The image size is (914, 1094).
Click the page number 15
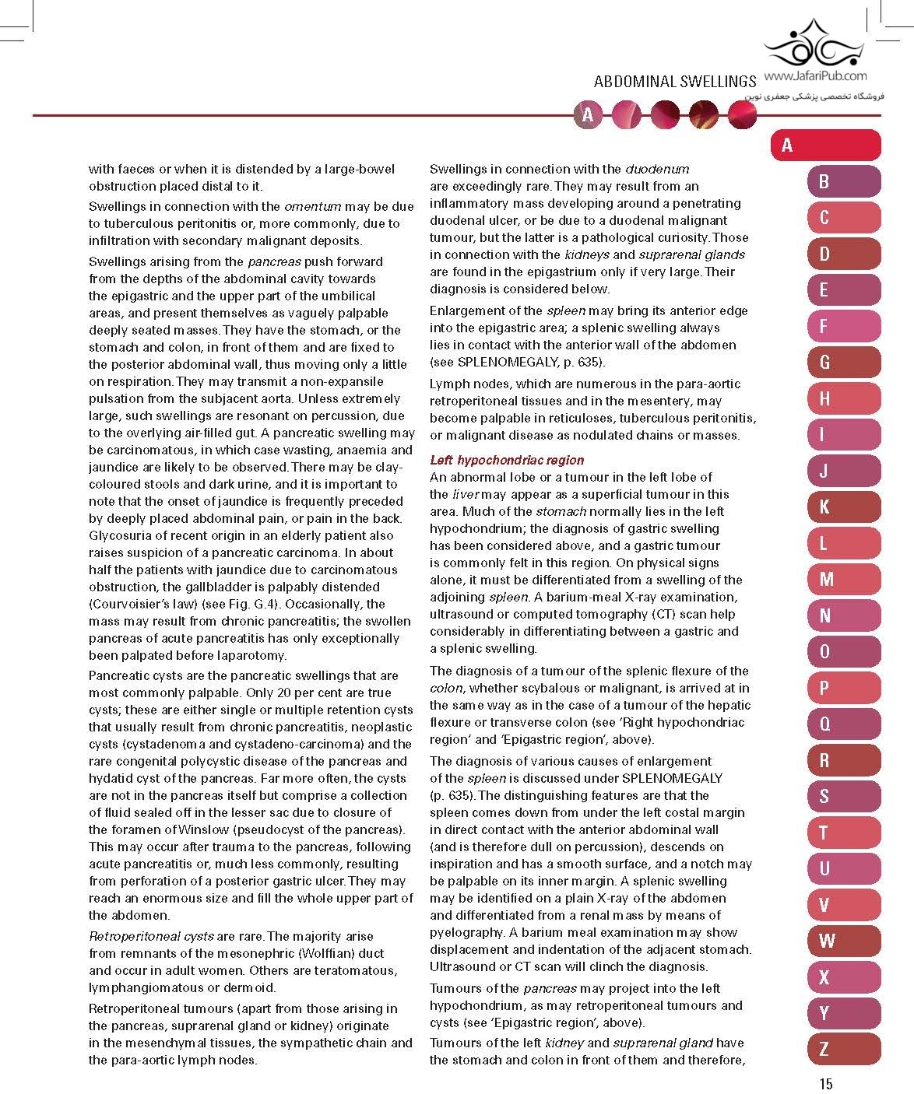tap(825, 1082)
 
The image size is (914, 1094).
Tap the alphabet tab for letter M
tap(844, 580)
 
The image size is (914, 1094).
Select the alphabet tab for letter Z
tap(844, 1049)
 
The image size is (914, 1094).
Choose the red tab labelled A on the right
tap(825, 146)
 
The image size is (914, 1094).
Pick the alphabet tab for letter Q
tap(844, 724)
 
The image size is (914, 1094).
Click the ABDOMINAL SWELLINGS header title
tap(674, 81)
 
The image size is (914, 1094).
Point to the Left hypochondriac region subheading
tap(507, 460)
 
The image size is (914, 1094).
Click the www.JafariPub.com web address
tap(815, 76)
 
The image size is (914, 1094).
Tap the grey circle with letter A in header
tap(588, 115)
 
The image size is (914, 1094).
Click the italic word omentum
tap(313, 206)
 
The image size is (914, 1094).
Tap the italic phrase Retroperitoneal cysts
tap(151, 936)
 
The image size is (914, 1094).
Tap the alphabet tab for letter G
tap(844, 363)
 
